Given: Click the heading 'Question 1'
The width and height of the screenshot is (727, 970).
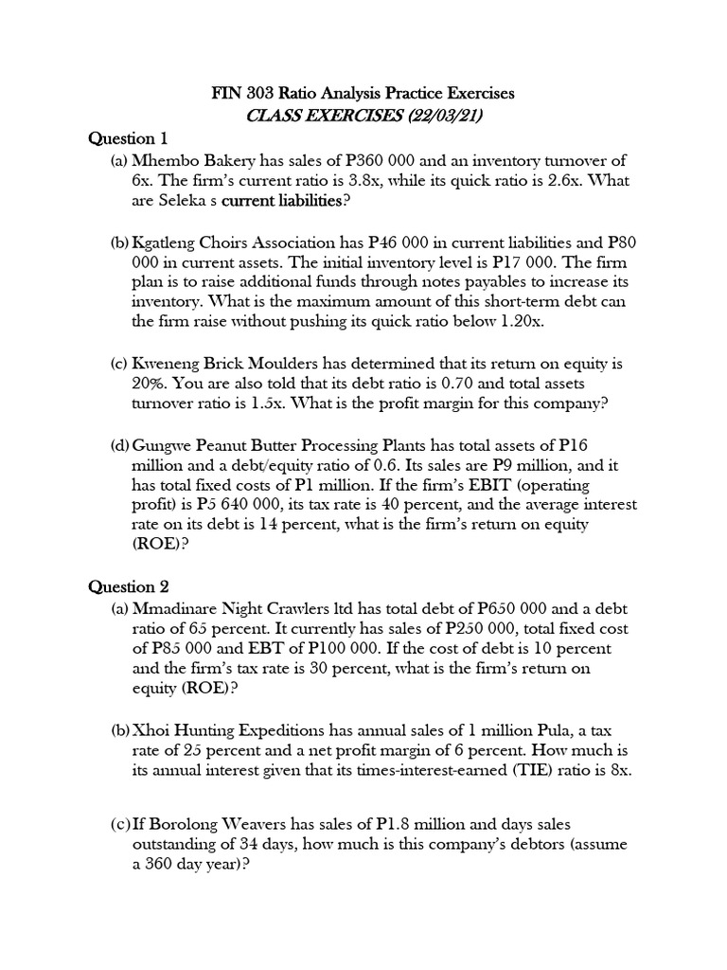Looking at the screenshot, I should pos(127,139).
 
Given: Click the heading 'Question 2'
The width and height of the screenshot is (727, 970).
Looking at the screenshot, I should pos(127,586).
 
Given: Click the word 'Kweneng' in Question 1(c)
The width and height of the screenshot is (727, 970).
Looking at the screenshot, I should pos(167,364).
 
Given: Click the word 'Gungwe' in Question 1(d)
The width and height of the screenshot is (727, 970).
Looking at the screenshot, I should pos(163,445).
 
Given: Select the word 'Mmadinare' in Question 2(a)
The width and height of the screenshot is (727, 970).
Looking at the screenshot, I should pos(175,608).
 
